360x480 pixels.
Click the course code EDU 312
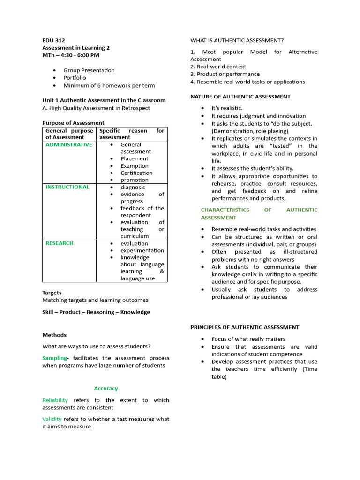point(54,40)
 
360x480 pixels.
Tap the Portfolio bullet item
point(75,78)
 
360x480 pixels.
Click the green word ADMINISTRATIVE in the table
point(68,145)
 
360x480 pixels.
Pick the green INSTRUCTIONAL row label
point(67,187)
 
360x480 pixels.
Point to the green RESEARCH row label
point(59,243)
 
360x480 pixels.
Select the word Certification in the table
point(136,173)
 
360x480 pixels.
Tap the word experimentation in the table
point(142,250)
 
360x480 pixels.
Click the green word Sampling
point(54,358)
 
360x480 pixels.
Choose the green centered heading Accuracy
point(106,389)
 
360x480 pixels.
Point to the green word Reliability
point(55,400)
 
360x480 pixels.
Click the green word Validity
point(52,419)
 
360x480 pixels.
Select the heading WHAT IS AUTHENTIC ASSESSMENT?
point(237,40)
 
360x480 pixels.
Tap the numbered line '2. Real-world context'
point(218,67)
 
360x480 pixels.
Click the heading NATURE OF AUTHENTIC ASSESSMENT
point(240,97)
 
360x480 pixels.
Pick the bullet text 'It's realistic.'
point(227,108)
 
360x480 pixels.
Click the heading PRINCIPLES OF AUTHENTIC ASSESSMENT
point(244,327)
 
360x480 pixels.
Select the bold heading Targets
point(52,292)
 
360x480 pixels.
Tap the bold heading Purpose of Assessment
point(73,123)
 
